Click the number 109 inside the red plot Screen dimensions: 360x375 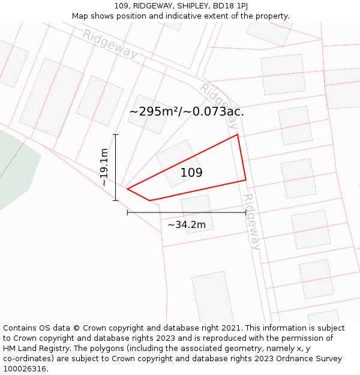coord(191,173)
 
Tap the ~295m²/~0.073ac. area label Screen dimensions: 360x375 coord(187,112)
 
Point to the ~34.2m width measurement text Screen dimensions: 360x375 coord(186,225)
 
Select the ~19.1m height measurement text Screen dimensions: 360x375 coord(104,167)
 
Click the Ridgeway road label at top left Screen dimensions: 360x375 coord(110,44)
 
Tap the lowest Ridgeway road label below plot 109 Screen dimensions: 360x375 coord(253,221)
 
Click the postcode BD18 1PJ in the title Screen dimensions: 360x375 coord(232,6)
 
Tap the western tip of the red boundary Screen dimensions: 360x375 coord(128,189)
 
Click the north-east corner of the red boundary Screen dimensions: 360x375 coord(238,134)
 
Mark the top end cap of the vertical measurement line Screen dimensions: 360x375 coord(116,134)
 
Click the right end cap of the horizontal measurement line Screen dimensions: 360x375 coord(245,212)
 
